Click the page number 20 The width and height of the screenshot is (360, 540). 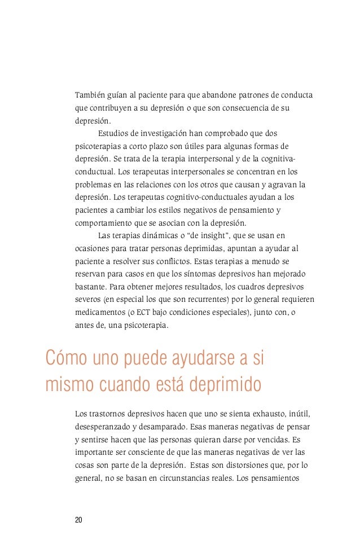tap(78, 520)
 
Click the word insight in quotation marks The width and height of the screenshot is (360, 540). tap(204, 235)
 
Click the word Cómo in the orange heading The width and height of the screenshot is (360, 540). tap(65, 358)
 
